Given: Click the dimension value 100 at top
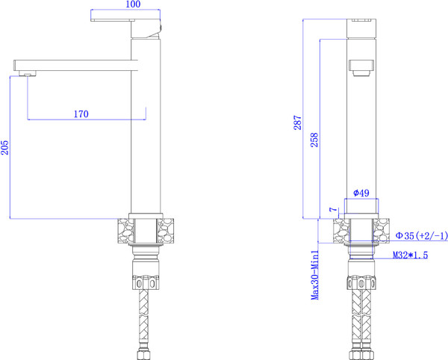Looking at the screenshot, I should coord(134,5).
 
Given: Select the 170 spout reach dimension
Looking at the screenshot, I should coord(81,114).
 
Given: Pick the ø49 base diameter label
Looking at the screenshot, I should coord(361,193).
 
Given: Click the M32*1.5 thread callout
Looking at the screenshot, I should coord(410,255).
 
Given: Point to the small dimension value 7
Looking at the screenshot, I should coord(332,211).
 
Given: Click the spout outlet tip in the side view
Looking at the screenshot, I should coord(26,73).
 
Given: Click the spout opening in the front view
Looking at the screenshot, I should coord(361,68).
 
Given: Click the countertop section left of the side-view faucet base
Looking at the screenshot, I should coord(122,230).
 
